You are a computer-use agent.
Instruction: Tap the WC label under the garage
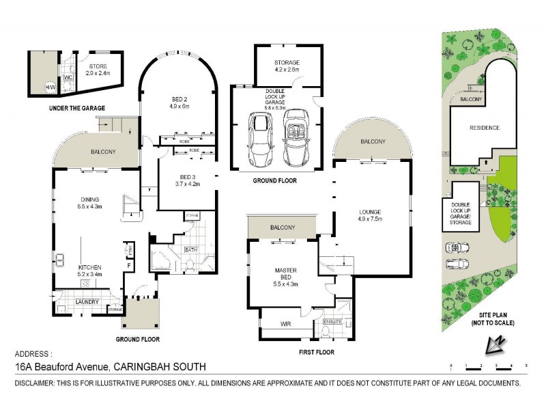pyautogui.click(x=68, y=77)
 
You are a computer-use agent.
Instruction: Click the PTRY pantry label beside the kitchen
pyautogui.click(x=127, y=249)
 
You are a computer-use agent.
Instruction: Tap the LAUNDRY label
pyautogui.click(x=88, y=301)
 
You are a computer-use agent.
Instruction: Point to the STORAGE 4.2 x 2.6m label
pyautogui.click(x=287, y=66)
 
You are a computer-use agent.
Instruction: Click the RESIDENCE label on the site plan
pyautogui.click(x=484, y=128)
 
